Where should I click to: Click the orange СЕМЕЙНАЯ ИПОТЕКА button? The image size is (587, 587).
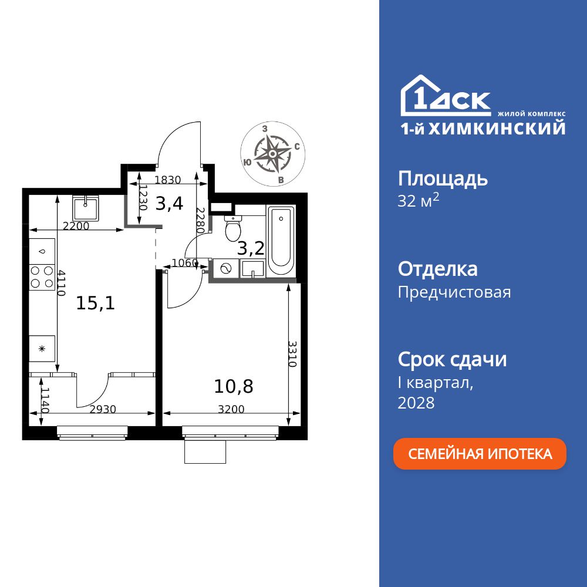click(x=480, y=454)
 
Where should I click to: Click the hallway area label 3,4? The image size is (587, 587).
click(x=169, y=204)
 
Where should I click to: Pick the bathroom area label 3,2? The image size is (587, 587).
click(x=251, y=248)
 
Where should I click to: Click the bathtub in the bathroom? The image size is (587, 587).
click(x=281, y=242)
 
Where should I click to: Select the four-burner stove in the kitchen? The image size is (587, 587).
click(x=42, y=277)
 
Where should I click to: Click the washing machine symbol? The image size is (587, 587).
click(x=224, y=268)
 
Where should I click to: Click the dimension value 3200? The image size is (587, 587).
click(x=231, y=410)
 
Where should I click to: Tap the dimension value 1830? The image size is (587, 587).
click(x=167, y=180)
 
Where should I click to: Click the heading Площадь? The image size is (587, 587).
click(x=443, y=178)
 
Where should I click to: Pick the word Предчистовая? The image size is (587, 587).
click(x=454, y=292)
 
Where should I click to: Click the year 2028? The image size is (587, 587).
click(x=416, y=403)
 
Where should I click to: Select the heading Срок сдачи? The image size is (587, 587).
click(x=452, y=359)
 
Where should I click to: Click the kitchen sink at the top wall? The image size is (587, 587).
click(x=87, y=207)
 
